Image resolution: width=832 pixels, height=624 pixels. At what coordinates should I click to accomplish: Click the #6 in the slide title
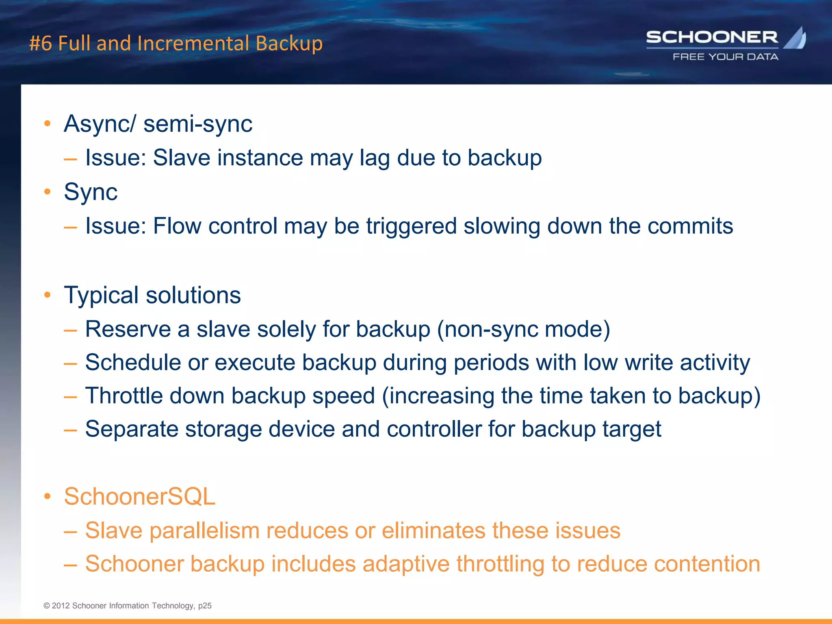41,43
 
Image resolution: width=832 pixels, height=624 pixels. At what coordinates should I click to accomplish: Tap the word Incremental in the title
193,43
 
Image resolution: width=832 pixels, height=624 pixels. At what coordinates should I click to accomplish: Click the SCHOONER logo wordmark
712,37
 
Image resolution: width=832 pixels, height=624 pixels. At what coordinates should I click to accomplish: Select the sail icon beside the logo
795,38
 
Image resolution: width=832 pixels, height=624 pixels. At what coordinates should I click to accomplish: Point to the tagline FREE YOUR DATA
726,57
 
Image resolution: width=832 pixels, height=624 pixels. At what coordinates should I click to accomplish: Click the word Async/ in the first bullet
100,123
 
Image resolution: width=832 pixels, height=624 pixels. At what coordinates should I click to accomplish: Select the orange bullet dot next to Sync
48,191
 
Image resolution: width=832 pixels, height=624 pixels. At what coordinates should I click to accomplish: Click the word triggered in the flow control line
411,226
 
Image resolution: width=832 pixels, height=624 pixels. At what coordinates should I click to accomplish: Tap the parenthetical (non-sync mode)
523,329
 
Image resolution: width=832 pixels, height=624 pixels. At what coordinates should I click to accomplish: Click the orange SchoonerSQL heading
139,496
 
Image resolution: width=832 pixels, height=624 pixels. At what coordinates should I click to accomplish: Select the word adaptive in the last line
406,564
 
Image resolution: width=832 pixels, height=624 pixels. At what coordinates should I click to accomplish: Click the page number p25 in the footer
205,606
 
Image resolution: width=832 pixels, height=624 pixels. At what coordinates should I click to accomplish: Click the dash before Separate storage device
70,430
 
